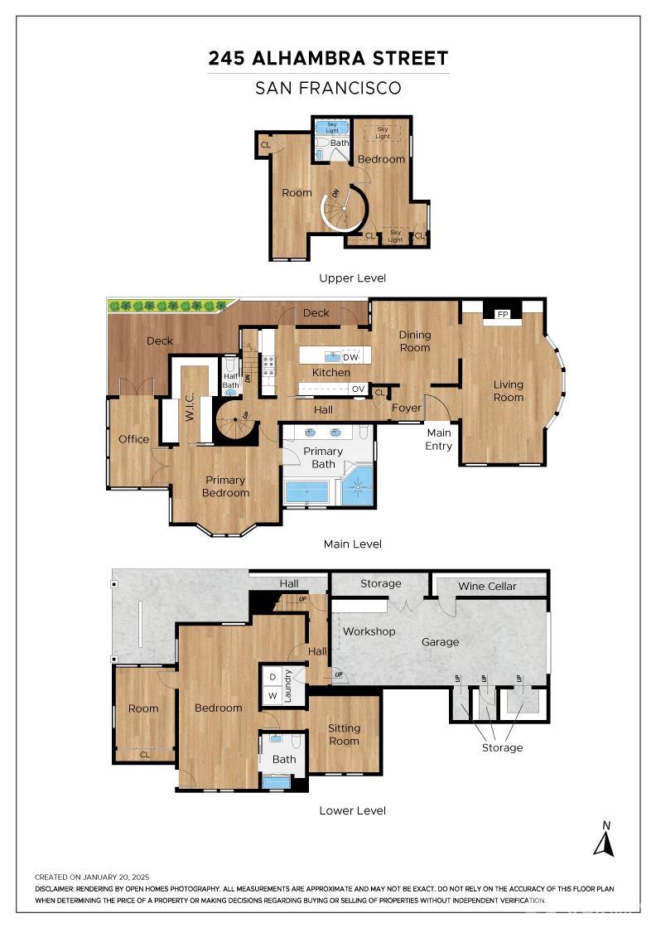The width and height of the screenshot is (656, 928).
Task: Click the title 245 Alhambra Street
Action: click(328, 58)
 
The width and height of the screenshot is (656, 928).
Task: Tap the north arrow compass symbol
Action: click(605, 840)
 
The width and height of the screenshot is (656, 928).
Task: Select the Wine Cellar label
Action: click(487, 586)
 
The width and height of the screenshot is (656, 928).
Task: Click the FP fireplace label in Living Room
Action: click(502, 315)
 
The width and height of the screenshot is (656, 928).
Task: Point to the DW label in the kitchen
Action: click(350, 357)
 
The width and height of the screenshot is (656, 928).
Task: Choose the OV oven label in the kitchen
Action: click(358, 388)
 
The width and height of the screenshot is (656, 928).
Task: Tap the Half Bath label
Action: click(231, 379)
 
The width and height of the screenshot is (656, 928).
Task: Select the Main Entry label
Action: click(439, 439)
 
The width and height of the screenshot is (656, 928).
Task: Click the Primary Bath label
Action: click(323, 457)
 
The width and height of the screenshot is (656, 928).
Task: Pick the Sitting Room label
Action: click(344, 734)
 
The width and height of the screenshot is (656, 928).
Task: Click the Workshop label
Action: click(369, 631)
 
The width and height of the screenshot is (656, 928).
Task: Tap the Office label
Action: click(133, 439)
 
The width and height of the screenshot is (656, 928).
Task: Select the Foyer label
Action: click(407, 408)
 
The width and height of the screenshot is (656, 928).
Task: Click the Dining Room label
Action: click(415, 341)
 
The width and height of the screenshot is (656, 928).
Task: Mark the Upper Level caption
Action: click(352, 278)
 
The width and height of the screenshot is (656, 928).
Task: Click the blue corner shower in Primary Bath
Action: click(358, 487)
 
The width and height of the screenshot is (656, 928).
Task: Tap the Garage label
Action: click(440, 641)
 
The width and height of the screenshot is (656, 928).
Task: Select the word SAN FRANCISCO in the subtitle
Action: click(328, 88)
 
